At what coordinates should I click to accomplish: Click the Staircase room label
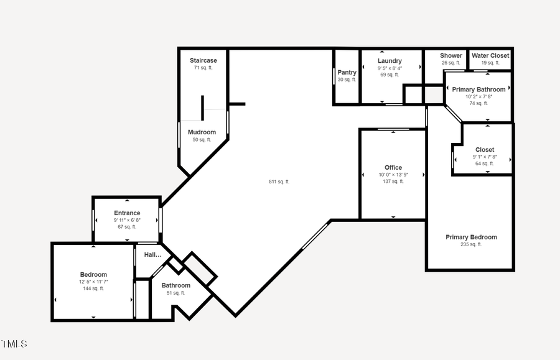coord(203,60)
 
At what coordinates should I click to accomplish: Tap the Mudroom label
coord(202,132)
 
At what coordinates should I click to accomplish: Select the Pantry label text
coord(347,73)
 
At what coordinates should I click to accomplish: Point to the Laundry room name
coord(390,61)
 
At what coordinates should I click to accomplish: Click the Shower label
coord(451,55)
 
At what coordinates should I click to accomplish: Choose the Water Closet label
coord(490,55)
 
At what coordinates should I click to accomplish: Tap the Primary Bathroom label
coord(478,90)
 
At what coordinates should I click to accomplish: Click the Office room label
coord(393,167)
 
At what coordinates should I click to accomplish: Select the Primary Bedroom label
coord(471,237)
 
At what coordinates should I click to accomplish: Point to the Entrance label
coord(127,213)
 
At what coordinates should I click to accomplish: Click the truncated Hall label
coord(152,254)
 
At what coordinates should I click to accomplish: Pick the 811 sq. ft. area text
coord(279,182)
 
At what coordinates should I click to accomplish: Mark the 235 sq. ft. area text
coord(471,244)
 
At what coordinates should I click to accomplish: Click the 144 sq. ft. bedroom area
coord(93,288)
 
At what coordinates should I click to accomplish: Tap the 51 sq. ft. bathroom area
coord(175,293)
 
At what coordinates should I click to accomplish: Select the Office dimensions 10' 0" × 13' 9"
coord(393,175)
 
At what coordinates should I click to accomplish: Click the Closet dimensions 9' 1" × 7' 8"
coord(485,157)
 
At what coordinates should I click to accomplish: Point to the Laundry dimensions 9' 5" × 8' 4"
coord(390,68)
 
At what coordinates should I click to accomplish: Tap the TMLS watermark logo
coord(14,343)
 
